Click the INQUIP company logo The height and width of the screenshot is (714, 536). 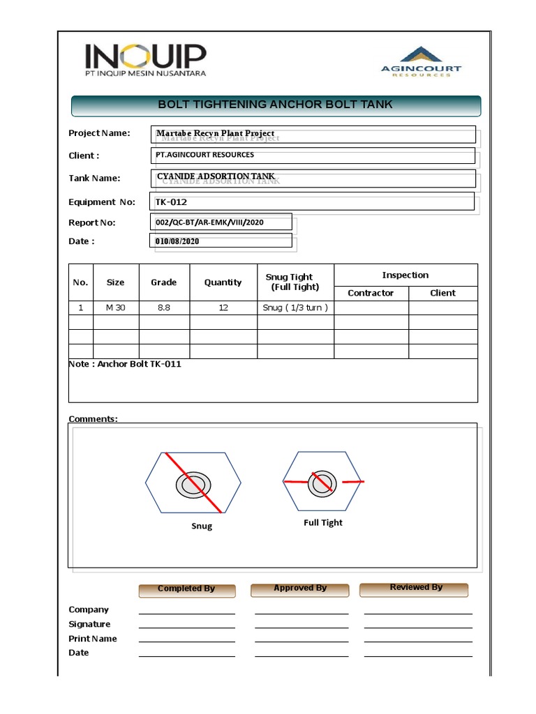pos(145,60)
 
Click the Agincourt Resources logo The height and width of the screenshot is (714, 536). pos(420,62)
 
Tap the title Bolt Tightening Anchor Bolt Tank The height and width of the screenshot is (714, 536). pos(276,105)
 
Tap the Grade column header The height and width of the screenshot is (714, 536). pos(164,282)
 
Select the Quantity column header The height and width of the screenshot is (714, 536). pos(223,282)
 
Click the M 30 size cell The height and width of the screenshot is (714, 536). pos(116,307)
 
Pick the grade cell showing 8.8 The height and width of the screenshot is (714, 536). pos(164,307)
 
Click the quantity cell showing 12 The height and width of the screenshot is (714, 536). pos(223,307)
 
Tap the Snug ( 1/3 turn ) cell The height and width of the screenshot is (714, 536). pos(295,307)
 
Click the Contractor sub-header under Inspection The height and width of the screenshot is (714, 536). pos(371,293)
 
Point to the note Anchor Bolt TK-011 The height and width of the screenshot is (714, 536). pos(125,364)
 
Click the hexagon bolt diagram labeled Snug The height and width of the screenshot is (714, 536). pos(193,483)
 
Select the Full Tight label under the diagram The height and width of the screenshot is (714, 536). pos(323,522)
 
